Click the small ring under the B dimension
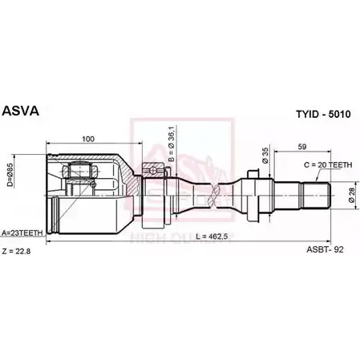[150, 170]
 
